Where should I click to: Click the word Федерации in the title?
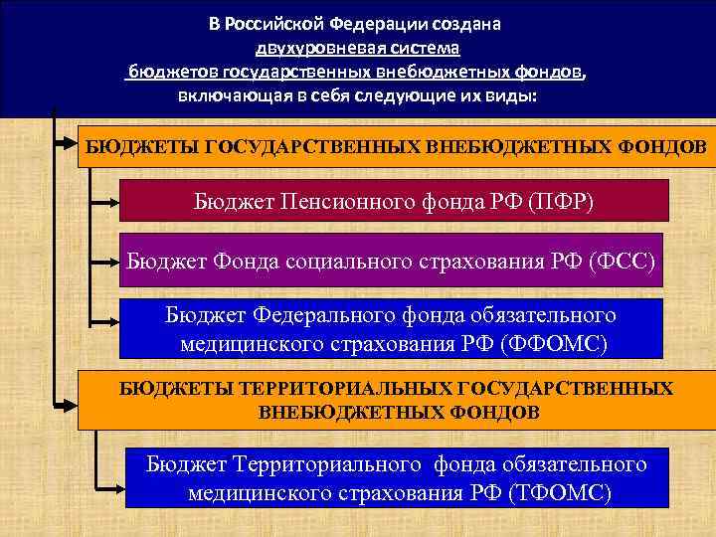(x=376, y=24)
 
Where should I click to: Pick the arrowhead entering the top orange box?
(x=68, y=145)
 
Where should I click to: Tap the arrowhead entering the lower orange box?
(x=68, y=404)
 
